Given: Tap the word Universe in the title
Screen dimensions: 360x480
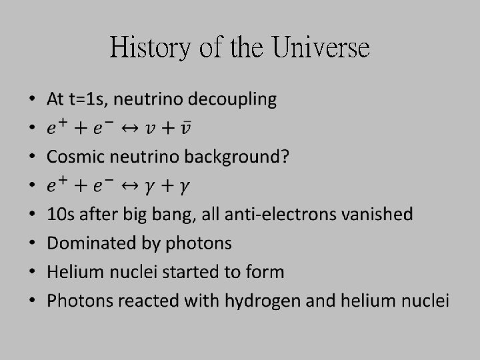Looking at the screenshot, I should click(x=321, y=48).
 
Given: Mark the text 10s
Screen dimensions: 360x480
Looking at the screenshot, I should click(x=59, y=215).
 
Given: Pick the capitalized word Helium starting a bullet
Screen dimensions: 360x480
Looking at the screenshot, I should click(x=73, y=272).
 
